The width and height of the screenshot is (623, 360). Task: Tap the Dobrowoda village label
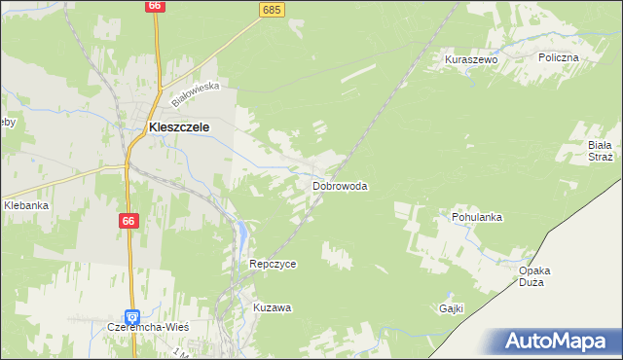tap(340, 185)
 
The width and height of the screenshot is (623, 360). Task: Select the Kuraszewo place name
tap(471, 59)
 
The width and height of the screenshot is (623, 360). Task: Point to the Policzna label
tap(559, 57)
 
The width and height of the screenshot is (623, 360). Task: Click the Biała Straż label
tap(599, 151)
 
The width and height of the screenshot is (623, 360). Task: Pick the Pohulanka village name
tap(477, 217)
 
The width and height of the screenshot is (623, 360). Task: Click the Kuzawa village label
tap(273, 307)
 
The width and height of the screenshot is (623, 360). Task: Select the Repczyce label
tap(273, 264)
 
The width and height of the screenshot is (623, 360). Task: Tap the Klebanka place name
tap(26, 205)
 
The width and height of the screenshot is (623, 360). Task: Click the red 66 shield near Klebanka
tap(128, 222)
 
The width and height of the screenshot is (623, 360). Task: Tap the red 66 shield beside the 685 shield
tap(155, 6)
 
